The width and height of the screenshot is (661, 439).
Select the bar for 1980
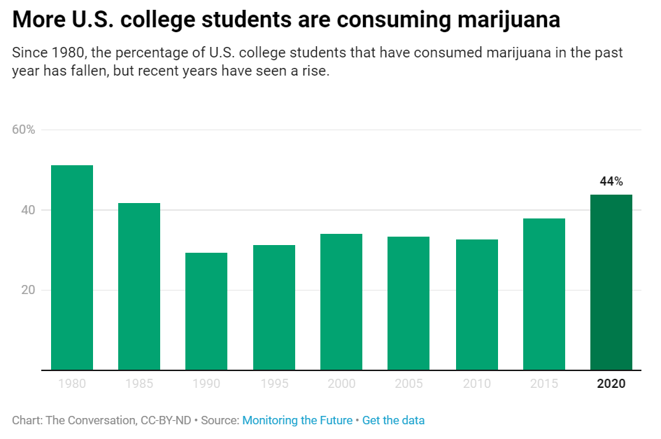click(72, 267)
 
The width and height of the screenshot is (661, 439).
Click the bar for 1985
click(139, 286)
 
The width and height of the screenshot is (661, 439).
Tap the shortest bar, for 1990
click(206, 311)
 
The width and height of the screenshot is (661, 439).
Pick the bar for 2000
click(341, 302)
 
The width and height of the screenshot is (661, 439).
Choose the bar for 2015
click(544, 294)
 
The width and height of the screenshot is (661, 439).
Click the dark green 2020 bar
click(611, 282)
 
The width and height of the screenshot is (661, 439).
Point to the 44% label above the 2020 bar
click(611, 181)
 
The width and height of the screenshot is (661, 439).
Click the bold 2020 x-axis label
click(611, 384)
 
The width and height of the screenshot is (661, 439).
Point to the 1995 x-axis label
click(274, 384)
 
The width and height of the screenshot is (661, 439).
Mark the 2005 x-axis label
click(409, 384)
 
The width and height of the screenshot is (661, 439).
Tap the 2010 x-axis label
click(476, 384)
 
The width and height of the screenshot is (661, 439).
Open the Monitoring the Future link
click(297, 420)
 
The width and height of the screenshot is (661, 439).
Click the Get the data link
click(393, 420)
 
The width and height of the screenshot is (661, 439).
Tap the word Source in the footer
click(219, 420)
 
